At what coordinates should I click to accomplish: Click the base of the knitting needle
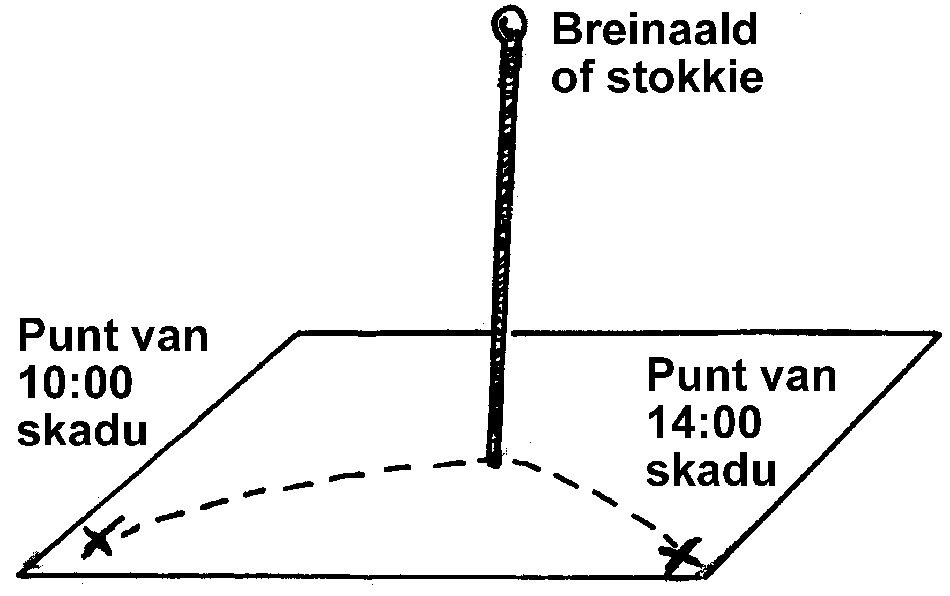492,462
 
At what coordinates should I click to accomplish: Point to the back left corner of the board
298,334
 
